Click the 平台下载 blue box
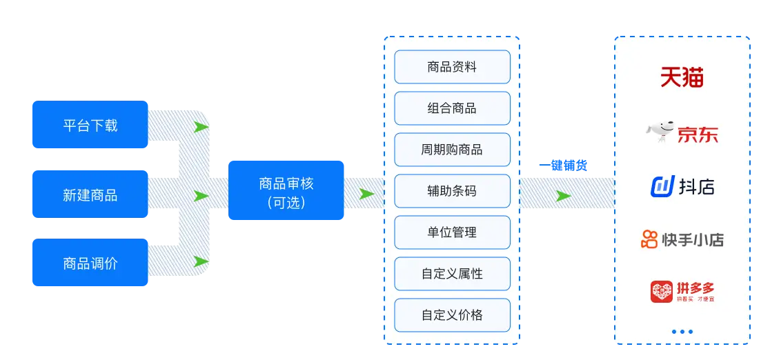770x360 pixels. coord(90,125)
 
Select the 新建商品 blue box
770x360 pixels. coord(90,194)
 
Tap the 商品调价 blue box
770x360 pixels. coord(90,263)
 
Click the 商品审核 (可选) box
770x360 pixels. coord(286,191)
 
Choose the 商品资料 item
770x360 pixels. coord(452,67)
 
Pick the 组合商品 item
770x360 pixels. coord(452,108)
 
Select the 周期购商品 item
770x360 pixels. coord(452,150)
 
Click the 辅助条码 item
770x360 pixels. coord(452,191)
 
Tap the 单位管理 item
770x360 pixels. coord(452,232)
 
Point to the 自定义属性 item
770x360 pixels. coord(452,274)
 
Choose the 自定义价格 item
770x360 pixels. coord(452,315)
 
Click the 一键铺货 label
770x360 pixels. coord(563,166)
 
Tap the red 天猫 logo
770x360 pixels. coord(682,77)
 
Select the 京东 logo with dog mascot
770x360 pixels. coord(682,132)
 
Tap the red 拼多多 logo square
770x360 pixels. coord(662,291)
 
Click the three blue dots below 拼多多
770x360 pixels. coord(682,332)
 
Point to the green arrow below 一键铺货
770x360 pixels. coord(564,196)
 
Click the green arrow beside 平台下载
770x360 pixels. coord(201,128)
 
